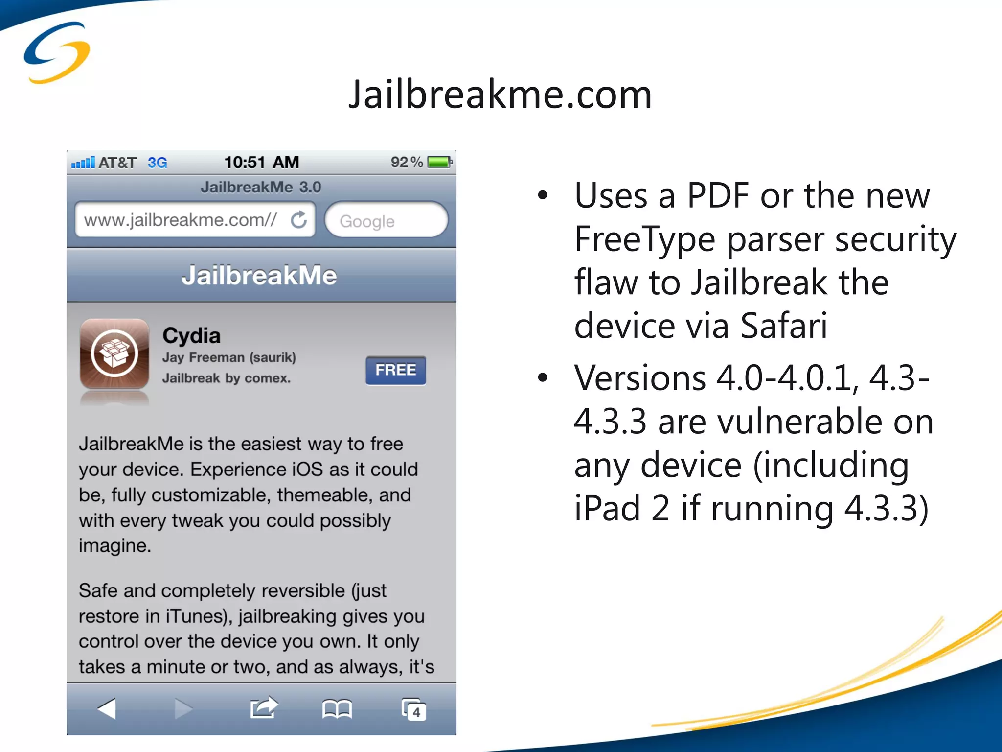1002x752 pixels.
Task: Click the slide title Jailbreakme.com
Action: pyautogui.click(x=500, y=94)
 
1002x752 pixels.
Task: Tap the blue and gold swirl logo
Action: pyautogui.click(x=57, y=53)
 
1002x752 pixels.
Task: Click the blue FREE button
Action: pyautogui.click(x=395, y=370)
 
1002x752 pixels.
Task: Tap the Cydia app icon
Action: pyautogui.click(x=114, y=353)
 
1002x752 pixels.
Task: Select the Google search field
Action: pyautogui.click(x=386, y=221)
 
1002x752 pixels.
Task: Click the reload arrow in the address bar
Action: pyautogui.click(x=299, y=220)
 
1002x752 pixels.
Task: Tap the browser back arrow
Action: pyautogui.click(x=107, y=708)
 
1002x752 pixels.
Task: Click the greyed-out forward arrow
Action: pyautogui.click(x=183, y=708)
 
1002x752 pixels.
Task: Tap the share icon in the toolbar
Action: pyautogui.click(x=264, y=708)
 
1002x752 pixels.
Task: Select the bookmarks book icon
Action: pyautogui.click(x=337, y=708)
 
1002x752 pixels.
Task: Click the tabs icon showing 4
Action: pyautogui.click(x=413, y=709)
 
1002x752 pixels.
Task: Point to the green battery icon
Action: pyautogui.click(x=439, y=162)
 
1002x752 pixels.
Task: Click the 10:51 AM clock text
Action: pyautogui.click(x=261, y=162)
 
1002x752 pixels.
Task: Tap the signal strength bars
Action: pyautogui.click(x=83, y=163)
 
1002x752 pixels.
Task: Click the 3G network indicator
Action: pyautogui.click(x=157, y=163)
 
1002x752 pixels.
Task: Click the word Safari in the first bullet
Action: pyautogui.click(x=784, y=325)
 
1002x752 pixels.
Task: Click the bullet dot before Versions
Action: pyautogui.click(x=542, y=378)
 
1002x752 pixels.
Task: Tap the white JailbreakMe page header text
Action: pyautogui.click(x=259, y=275)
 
